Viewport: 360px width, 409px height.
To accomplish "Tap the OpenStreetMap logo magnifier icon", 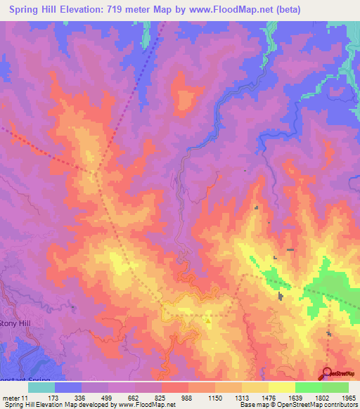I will pyautogui.click(x=327, y=374).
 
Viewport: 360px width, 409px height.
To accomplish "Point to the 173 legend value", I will pyautogui.click(x=54, y=398).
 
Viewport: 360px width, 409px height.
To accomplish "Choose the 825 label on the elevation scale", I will pyautogui.click(x=162, y=398).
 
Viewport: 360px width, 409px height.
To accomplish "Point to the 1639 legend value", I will pyautogui.click(x=295, y=398).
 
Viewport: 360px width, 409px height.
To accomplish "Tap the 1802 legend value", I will pyautogui.click(x=322, y=398).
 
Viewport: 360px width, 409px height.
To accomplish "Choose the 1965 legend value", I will pyautogui.click(x=347, y=398).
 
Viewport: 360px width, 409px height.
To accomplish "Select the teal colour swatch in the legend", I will pyautogui.click(x=41, y=387).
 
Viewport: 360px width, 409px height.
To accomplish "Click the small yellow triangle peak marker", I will pyautogui.click(x=208, y=320).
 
